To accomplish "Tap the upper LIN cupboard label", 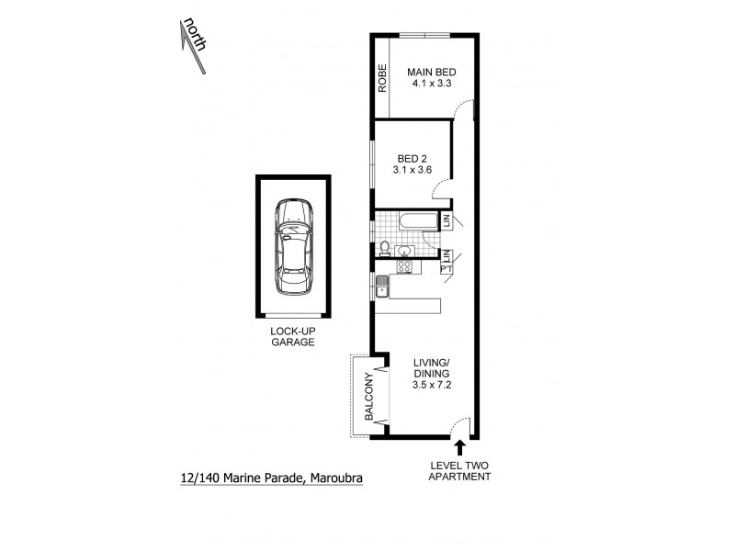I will pos(447,220).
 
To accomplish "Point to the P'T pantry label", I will pos(447,267).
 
